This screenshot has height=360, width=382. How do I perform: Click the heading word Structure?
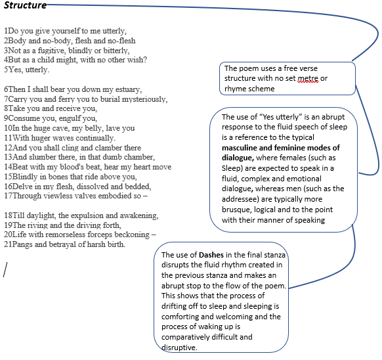pos(25,5)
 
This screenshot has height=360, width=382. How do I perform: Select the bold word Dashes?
pos(211,255)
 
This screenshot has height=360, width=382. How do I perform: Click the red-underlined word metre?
pos(308,78)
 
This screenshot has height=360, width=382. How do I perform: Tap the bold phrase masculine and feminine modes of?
pos(281,148)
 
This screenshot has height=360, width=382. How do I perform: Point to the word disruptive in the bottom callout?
pos(179,348)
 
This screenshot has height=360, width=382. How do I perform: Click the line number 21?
pos(8,244)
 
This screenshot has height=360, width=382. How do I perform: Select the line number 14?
pos(8,167)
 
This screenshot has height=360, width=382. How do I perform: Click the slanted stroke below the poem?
pos(5,269)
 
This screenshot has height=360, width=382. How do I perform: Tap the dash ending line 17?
pos(145,196)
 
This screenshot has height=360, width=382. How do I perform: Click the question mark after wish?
pos(145,60)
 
